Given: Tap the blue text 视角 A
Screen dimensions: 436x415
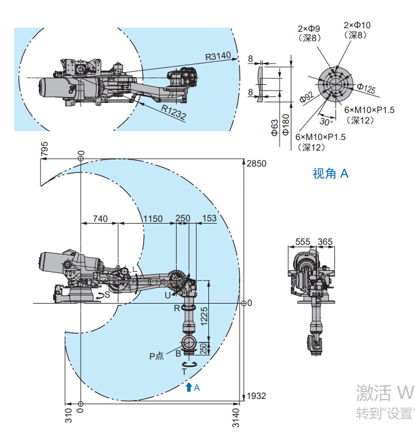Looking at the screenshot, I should pyautogui.click(x=331, y=174).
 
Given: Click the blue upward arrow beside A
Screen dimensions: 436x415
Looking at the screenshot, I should pyautogui.click(x=188, y=387).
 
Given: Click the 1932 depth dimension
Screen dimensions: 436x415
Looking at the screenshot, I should pyautogui.click(x=257, y=396).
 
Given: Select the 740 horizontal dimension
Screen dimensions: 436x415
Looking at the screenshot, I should pyautogui.click(x=100, y=219).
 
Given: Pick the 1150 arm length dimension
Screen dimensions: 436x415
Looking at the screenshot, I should pyautogui.click(x=152, y=219).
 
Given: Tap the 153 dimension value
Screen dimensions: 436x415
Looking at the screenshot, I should pyautogui.click(x=209, y=219).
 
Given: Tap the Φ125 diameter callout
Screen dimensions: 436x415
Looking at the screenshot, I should pyautogui.click(x=366, y=89).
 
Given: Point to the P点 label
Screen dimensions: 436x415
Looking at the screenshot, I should pyautogui.click(x=156, y=355).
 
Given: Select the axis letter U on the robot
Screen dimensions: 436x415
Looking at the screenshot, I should pyautogui.click(x=167, y=294).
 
